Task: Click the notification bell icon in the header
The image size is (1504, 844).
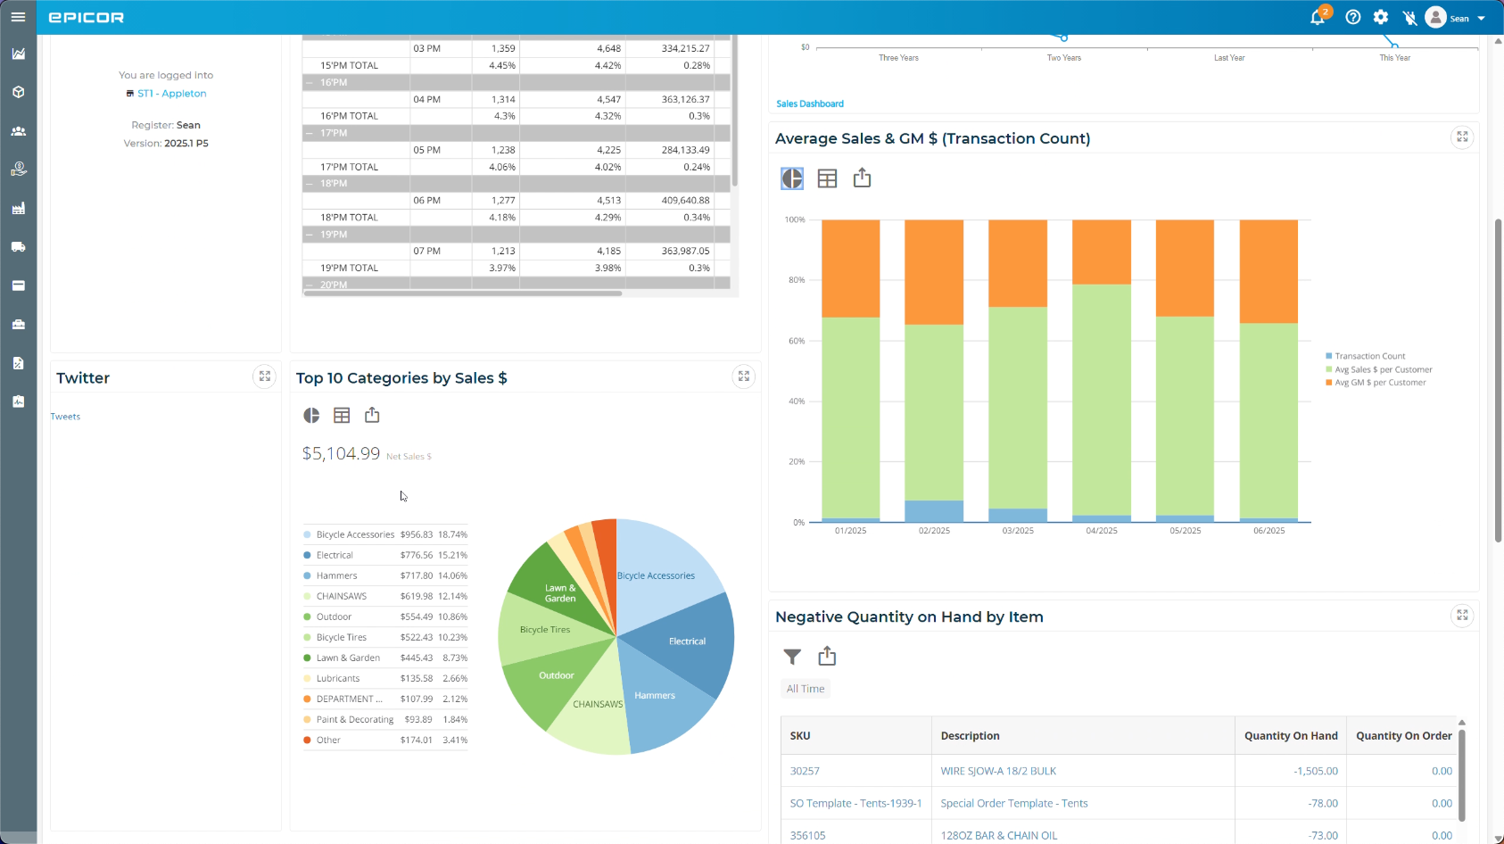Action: click(x=1317, y=18)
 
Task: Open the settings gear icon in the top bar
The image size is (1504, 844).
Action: click(x=1381, y=17)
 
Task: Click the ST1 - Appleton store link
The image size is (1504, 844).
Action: click(x=171, y=94)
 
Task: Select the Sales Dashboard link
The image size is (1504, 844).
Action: click(x=809, y=103)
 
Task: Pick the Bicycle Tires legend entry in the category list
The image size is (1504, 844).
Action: click(x=341, y=637)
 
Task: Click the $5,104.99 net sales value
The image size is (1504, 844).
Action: click(x=341, y=453)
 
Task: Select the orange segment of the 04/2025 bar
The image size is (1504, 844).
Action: click(x=1101, y=252)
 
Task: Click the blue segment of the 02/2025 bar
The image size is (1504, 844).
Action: click(x=934, y=511)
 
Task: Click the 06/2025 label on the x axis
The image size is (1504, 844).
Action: click(x=1268, y=531)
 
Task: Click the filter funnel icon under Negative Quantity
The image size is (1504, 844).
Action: click(x=792, y=657)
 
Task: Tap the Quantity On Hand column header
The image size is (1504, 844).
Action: click(x=1290, y=736)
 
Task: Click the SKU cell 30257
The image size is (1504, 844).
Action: click(x=805, y=771)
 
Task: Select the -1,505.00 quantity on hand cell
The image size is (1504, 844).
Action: click(x=1315, y=771)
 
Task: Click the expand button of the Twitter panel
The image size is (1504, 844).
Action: click(x=265, y=376)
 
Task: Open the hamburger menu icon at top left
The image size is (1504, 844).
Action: click(x=18, y=17)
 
